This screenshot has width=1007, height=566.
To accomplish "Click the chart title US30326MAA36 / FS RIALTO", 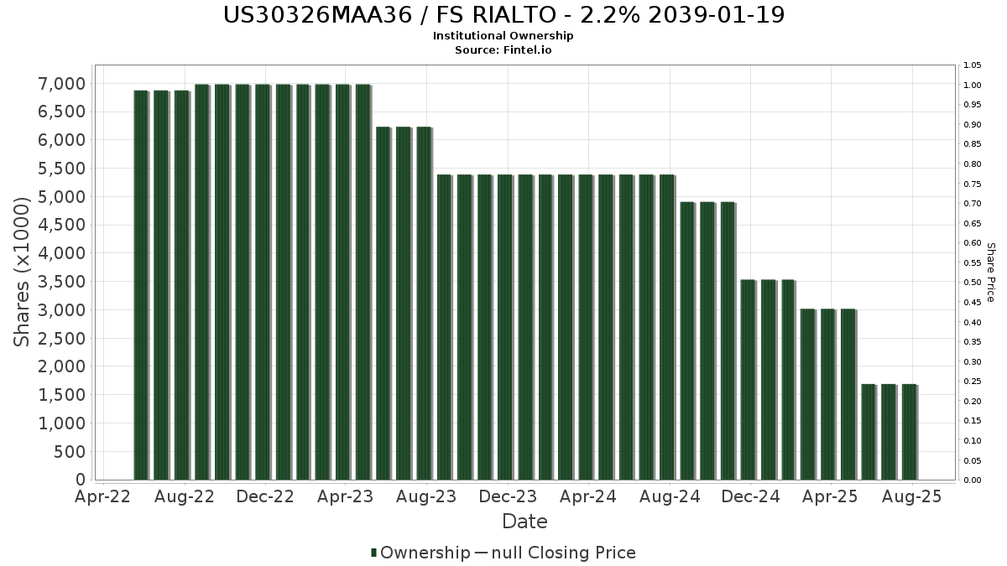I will click(x=503, y=15).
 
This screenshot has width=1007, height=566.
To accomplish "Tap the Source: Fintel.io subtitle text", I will click(x=503, y=50).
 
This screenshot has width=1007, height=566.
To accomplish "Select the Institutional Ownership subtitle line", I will click(x=503, y=36).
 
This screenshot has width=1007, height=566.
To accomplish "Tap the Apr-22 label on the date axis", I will click(x=103, y=497).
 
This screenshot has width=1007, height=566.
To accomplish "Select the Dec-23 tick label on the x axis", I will click(x=508, y=497).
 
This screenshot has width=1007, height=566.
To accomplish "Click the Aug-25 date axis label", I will click(x=912, y=497).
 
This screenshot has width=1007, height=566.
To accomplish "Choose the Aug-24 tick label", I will click(x=670, y=497).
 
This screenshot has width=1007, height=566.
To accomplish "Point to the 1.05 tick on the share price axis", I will click(x=973, y=65).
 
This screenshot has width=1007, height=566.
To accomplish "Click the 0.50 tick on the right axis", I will click(x=973, y=283).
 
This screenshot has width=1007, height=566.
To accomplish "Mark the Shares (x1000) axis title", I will click(x=23, y=272).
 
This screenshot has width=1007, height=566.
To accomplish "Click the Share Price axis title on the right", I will click(x=990, y=272).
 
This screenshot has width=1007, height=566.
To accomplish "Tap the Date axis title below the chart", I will click(x=524, y=522).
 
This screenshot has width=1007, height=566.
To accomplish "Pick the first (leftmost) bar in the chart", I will click(x=141, y=285).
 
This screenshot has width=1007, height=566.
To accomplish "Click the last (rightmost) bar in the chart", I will click(x=909, y=432).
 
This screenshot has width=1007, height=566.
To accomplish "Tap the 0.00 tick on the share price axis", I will click(x=973, y=480).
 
